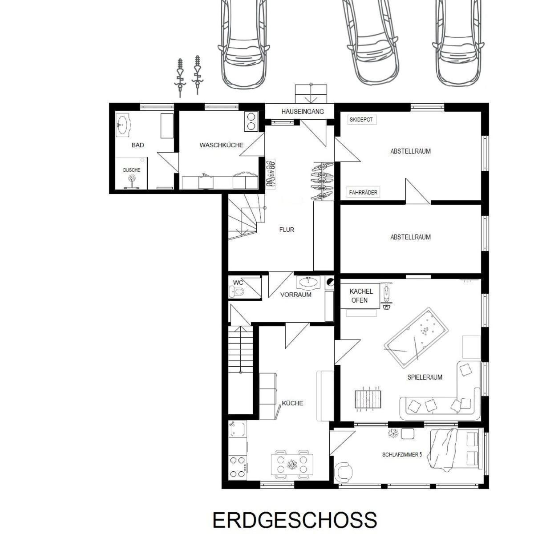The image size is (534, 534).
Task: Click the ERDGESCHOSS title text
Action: pyautogui.click(x=295, y=520)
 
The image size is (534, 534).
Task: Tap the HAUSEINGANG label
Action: pyautogui.click(x=303, y=111)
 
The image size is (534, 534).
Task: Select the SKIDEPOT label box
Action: pyautogui.click(x=361, y=120)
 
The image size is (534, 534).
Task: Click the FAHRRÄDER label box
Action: pyautogui.click(x=363, y=193)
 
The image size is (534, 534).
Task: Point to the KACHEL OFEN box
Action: pyautogui.click(x=360, y=296)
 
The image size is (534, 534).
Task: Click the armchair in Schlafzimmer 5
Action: pyautogui.click(x=344, y=471)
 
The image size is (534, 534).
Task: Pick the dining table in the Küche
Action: pyautogui.click(x=291, y=465)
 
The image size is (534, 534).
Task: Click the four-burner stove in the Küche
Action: pyautogui.click(x=238, y=467)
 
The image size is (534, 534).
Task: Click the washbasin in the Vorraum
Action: pyautogui.click(x=308, y=282)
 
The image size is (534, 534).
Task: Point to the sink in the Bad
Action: pyautogui.click(x=123, y=125)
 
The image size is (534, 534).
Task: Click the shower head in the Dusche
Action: pyautogui.click(x=131, y=178)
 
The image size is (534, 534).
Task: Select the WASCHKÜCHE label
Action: pyautogui.click(x=221, y=145)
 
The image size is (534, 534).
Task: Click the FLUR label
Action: pyautogui.click(x=287, y=230)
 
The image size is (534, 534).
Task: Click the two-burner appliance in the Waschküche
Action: pyautogui.click(x=251, y=121)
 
